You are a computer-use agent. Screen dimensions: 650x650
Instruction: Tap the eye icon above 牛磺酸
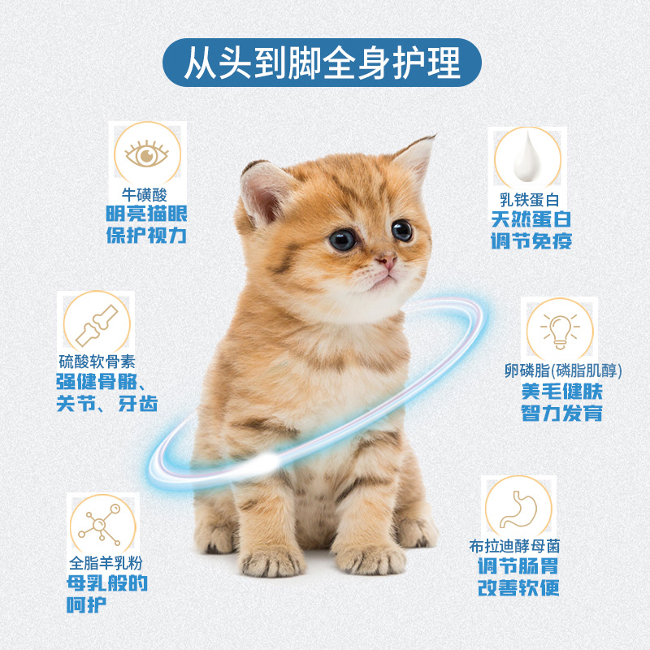(147, 154)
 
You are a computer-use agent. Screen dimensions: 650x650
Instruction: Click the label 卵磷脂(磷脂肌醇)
(561, 371)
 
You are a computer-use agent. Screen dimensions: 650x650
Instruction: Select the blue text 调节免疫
(531, 241)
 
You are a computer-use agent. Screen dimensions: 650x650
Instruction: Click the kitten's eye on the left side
(342, 239)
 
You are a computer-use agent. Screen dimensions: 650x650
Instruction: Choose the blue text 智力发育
(561, 413)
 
